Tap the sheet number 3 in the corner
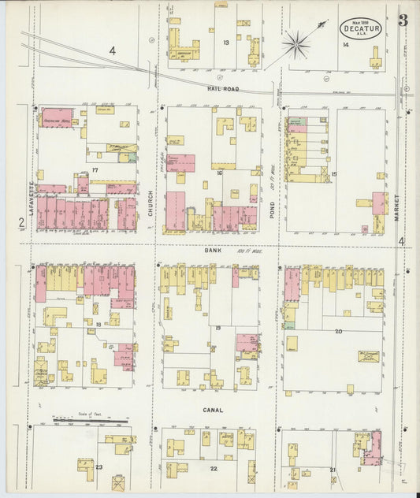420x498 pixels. [x=403, y=20]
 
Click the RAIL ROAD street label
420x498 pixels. [x=223, y=89]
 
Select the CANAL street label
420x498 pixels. [x=213, y=410]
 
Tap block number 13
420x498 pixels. [x=226, y=42]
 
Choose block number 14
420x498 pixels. [x=345, y=45]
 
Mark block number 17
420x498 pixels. [x=95, y=170]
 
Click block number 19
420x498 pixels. [x=217, y=327]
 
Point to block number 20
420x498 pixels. [x=338, y=331]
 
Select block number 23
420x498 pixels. [x=98, y=466]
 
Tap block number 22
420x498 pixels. [x=213, y=468]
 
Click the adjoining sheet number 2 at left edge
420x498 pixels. [x=21, y=223]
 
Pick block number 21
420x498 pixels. [x=333, y=470]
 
